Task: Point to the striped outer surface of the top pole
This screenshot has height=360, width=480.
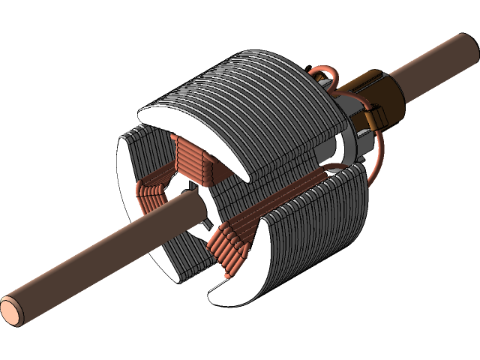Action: pos(247,82)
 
